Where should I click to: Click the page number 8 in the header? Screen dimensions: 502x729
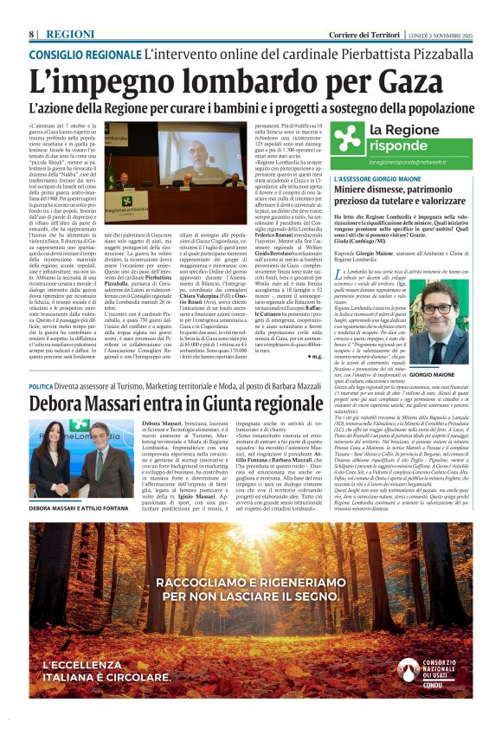pos(32,33)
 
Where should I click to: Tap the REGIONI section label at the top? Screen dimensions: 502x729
pos(71,33)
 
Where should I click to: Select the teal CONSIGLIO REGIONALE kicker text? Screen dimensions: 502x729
pos(83,54)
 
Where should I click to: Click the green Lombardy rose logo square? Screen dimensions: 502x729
pos(347,137)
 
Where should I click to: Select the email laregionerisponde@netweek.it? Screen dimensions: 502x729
pos(418,161)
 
